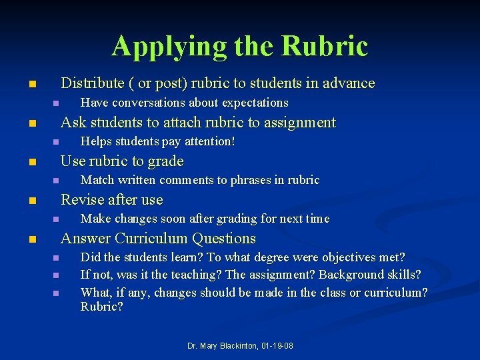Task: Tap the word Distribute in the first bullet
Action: pos(92,83)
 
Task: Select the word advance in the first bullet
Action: pos(349,83)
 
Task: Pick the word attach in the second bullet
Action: pos(182,123)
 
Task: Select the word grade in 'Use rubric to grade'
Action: pos(167,161)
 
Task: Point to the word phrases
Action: pos(244,180)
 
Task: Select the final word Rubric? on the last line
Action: pos(101,307)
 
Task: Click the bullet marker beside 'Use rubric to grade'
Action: pos(31,162)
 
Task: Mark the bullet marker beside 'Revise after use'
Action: pos(31,201)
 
